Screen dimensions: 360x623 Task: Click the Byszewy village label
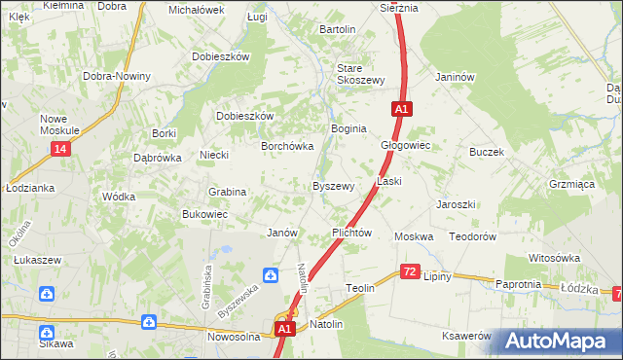pyautogui.click(x=332, y=186)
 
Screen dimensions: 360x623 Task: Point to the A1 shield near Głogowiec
pyautogui.click(x=400, y=110)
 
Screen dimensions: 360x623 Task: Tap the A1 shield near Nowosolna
pyautogui.click(x=283, y=330)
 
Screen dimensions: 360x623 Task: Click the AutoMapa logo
pyautogui.click(x=562, y=341)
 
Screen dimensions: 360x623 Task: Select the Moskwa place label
pyautogui.click(x=413, y=237)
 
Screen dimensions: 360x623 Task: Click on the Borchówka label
pyautogui.click(x=286, y=147)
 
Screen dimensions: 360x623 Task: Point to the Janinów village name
pyautogui.click(x=455, y=78)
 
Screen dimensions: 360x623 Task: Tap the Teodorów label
pyautogui.click(x=473, y=237)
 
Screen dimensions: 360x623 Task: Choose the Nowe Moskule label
pyautogui.click(x=59, y=125)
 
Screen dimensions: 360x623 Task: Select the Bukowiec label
pyautogui.click(x=204, y=214)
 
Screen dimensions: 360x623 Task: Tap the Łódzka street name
pyautogui.click(x=578, y=288)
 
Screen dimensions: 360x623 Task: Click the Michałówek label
pyautogui.click(x=197, y=10)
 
